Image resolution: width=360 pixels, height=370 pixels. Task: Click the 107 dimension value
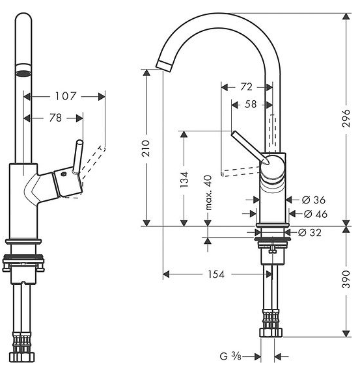pos(66,96)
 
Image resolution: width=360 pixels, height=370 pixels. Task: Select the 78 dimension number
pos(55,118)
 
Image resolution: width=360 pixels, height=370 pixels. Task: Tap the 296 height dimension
pos(346,118)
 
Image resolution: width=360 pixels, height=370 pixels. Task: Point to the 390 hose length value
pos(346,280)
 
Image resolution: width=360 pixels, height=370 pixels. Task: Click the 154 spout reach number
pos(216,274)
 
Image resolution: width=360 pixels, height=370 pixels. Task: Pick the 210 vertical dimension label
pos(146,148)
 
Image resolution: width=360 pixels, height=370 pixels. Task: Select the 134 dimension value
pos(184,180)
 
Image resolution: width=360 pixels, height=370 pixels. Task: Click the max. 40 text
pos(208,192)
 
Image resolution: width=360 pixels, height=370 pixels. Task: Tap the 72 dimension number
pos(246,87)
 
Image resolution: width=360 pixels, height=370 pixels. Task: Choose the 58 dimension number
pos(251,104)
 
